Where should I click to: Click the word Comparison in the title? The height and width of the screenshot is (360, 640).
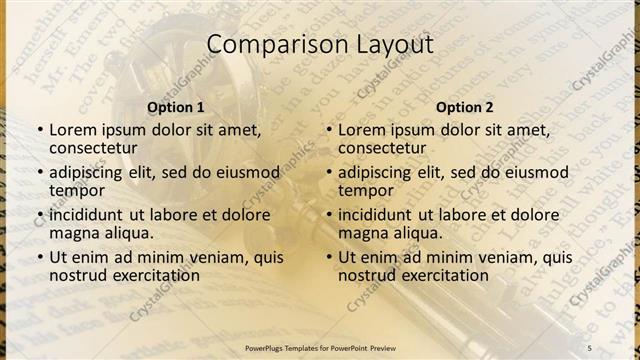pos(263,45)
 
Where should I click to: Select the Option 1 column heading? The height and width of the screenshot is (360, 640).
pos(176,107)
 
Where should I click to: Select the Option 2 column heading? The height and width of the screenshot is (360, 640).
pos(465,107)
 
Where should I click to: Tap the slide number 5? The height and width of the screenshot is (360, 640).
pos(589,347)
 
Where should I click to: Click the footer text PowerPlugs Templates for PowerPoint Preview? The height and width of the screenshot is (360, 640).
pos(320,347)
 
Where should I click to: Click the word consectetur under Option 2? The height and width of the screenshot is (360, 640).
pos(382,148)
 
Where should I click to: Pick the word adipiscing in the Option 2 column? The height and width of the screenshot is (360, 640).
pos(379,172)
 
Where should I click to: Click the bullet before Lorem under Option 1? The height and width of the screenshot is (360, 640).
pos(39,130)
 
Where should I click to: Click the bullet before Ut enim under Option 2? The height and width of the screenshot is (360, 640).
pos(328,257)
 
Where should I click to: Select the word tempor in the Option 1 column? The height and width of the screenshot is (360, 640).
pos(77,190)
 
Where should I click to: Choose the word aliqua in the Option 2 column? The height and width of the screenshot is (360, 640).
pos(414,232)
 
